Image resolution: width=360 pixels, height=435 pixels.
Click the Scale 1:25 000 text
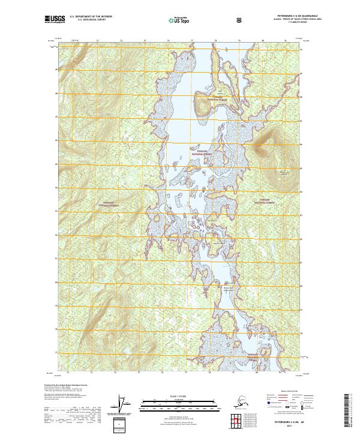(179, 396)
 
